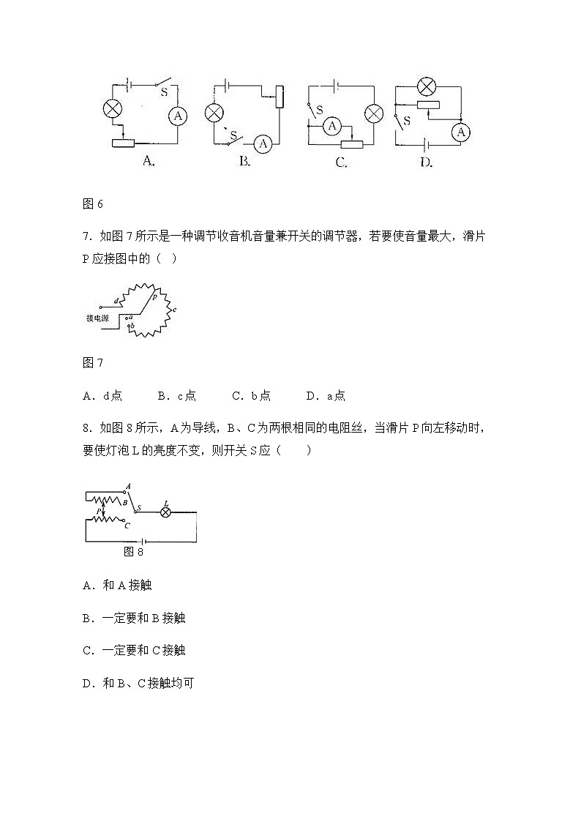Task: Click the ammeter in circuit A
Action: tap(177, 116)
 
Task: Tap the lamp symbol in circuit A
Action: tap(112, 109)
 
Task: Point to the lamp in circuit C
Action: tap(374, 113)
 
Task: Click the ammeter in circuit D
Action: tap(460, 132)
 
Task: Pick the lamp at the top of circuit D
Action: tap(426, 86)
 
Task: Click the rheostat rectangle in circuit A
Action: tap(123, 142)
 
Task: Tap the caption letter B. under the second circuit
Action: tap(245, 162)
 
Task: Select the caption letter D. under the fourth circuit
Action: tap(426, 162)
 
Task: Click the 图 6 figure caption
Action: tap(93, 204)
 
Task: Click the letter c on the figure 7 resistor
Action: tap(174, 310)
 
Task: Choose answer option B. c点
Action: tap(176, 396)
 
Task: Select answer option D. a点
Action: tap(326, 396)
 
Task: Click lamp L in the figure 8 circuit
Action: tap(165, 512)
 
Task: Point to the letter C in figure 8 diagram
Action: tap(127, 525)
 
